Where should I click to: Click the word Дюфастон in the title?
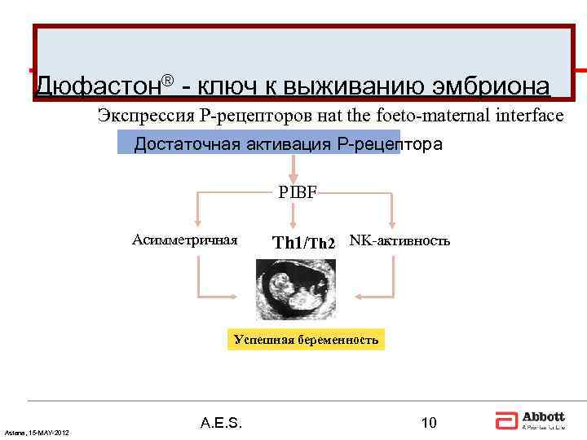tap(98, 85)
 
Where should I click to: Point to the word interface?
tap(527, 116)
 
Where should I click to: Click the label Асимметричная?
tap(185, 240)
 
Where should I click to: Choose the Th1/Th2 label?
tap(303, 242)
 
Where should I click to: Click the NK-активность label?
tap(399, 240)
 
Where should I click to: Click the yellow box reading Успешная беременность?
tap(306, 339)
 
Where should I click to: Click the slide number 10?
tap(428, 422)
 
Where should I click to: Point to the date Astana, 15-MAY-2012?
tap(37, 431)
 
